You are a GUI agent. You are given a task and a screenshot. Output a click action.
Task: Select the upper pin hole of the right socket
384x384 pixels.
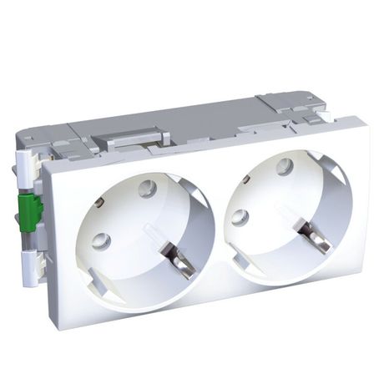pyautogui.click(x=284, y=164)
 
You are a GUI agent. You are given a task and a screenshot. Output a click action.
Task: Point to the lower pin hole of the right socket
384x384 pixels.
pyautogui.click(x=240, y=217)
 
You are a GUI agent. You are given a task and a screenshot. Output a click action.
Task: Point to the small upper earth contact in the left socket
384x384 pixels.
pyautogui.click(x=99, y=202)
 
